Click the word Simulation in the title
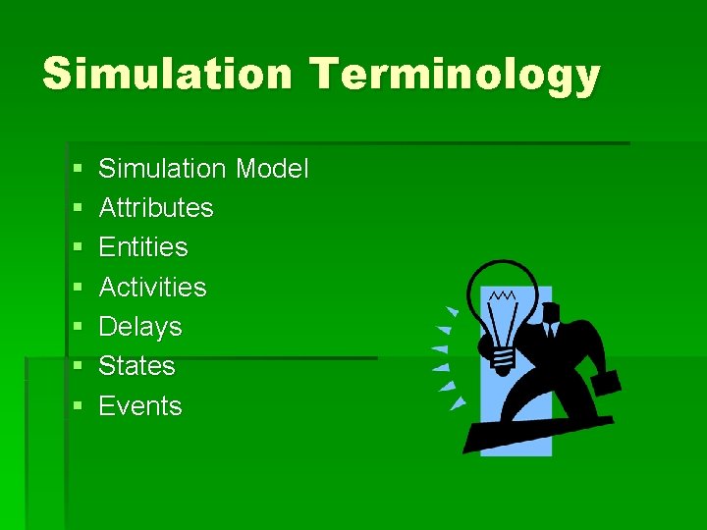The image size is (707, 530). click(167, 75)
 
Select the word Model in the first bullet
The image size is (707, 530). click(272, 169)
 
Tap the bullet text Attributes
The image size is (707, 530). click(156, 208)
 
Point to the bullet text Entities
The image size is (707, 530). click(143, 247)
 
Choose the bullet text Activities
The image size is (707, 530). click(153, 288)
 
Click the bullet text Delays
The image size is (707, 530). click(140, 327)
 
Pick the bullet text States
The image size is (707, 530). click(137, 366)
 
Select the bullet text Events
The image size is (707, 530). click(140, 406)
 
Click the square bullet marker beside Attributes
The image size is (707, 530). click(77, 209)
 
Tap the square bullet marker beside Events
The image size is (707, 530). click(77, 407)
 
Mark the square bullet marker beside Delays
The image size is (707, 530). click(77, 328)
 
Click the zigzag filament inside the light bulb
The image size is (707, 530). click(504, 294)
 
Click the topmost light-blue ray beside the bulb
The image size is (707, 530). click(451, 311)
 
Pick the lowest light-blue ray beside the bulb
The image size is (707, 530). click(458, 402)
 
